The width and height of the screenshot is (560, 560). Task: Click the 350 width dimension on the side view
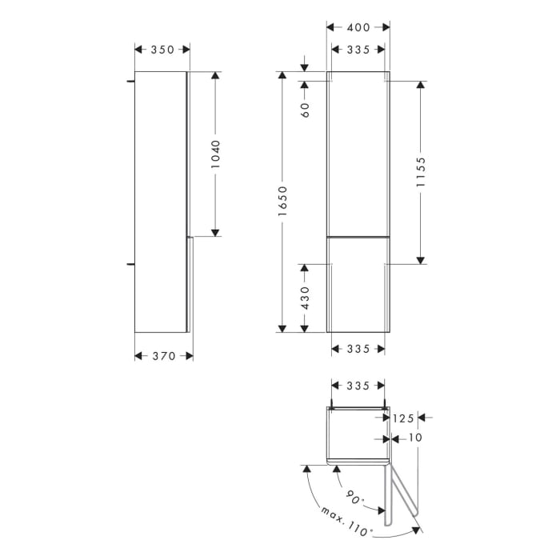pos(162,50)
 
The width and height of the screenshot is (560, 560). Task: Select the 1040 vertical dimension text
pos(214,154)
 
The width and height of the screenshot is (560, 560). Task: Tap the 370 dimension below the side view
pos(163,356)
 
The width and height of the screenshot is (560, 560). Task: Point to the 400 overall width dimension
pos(358,28)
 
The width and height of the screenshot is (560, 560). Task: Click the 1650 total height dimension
pos(282,201)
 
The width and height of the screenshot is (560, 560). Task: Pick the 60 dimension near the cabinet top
pos(305,110)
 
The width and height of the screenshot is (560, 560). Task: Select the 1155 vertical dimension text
pos(422,171)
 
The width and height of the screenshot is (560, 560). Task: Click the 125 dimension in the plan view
pos(404,418)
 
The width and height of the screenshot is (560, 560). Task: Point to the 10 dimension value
pos(414,438)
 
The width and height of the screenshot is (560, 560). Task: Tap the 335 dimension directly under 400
pos(358,50)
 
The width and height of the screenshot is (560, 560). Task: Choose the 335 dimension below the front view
pos(358,349)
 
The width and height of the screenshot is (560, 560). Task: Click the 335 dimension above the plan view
pos(358,386)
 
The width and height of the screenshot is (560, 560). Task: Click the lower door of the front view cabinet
pos(358,284)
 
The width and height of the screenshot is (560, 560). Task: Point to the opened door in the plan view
pos(399,496)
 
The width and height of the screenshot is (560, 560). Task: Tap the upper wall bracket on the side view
pos(130,81)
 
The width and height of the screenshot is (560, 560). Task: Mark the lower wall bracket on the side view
pos(130,261)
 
